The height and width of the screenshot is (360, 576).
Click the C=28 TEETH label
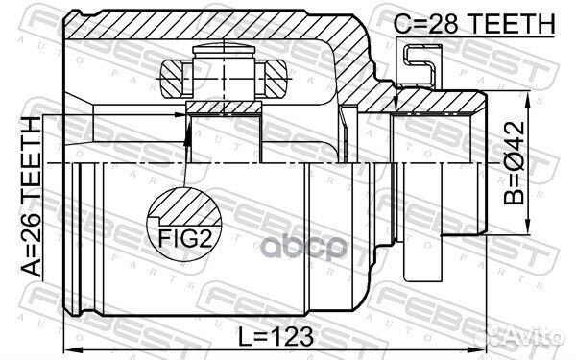[474, 24]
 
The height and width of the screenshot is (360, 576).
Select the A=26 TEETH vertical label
[32, 197]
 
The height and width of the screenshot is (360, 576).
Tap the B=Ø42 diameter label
[515, 163]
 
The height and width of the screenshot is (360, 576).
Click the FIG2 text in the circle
[185, 239]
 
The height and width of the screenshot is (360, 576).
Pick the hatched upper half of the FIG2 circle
[185, 206]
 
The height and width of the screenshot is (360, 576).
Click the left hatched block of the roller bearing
[172, 79]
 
